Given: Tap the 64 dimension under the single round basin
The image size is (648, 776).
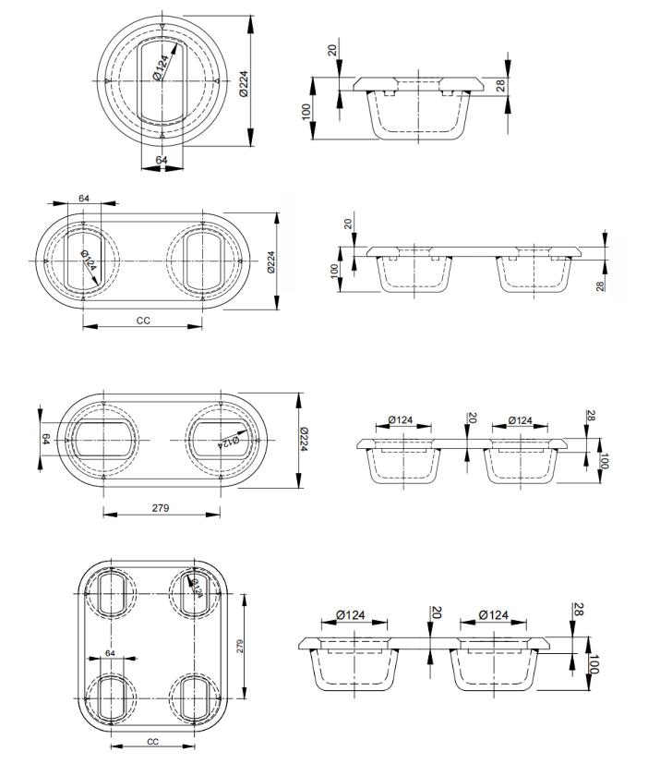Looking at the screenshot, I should point(162,160).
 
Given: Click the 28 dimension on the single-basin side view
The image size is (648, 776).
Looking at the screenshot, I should point(501,85).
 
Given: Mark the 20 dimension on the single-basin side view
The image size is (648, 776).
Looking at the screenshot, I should point(333,48).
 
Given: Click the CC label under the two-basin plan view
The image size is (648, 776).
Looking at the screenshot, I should point(143,321).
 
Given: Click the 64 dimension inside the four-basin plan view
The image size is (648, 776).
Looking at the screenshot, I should point(111,653).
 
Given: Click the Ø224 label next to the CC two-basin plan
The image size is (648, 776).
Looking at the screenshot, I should point(271,262).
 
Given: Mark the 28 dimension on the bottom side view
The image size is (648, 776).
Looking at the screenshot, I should point(579,610).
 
